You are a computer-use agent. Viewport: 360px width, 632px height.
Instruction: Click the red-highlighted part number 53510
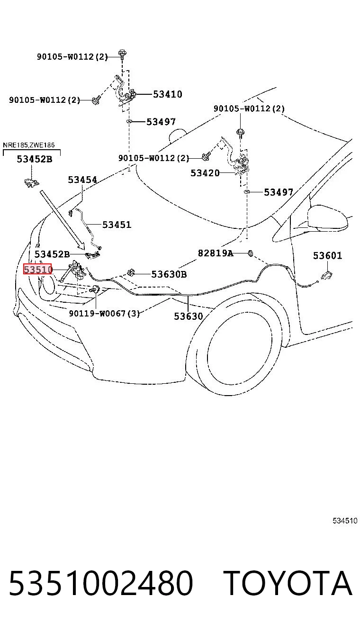(x=38, y=269)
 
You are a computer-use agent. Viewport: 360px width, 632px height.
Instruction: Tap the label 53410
(x=168, y=94)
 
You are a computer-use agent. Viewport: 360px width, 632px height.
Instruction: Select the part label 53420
(x=205, y=172)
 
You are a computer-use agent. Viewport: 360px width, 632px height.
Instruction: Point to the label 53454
(x=82, y=180)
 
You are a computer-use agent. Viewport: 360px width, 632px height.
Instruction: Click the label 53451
(x=117, y=225)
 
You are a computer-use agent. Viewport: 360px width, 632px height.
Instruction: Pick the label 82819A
(x=216, y=253)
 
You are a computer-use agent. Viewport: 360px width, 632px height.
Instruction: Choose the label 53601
(x=327, y=255)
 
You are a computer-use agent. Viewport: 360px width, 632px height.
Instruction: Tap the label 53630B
(x=169, y=274)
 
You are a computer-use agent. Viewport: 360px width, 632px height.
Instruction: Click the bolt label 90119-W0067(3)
(x=104, y=313)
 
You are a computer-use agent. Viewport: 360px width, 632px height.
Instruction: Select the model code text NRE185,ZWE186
(x=29, y=145)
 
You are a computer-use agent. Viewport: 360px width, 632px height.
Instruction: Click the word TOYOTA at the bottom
(x=288, y=583)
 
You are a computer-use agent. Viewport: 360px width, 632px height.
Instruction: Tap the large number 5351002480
(x=101, y=583)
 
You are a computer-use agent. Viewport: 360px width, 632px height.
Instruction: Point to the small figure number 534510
(x=345, y=521)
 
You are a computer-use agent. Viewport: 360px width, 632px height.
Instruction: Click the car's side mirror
(x=327, y=218)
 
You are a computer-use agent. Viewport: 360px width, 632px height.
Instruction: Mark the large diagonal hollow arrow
(x=62, y=220)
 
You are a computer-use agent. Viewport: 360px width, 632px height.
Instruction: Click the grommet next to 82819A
(x=250, y=253)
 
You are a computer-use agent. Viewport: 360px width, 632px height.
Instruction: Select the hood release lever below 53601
(x=327, y=275)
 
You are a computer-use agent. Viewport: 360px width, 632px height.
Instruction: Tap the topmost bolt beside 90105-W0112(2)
(x=122, y=54)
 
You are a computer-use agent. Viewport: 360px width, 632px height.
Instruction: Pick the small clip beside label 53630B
(x=131, y=272)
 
